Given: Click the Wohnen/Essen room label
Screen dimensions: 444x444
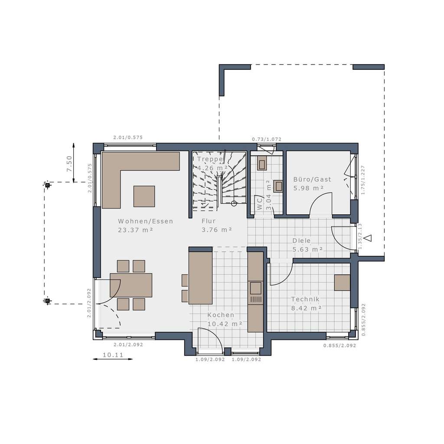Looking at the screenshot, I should click(145, 221).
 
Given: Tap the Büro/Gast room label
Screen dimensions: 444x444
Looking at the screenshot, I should click(312, 179).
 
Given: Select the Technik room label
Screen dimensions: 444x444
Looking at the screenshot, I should click(305, 299).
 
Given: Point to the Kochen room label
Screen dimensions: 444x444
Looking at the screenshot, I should click(221, 315).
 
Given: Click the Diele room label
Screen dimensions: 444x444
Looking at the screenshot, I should click(301, 240).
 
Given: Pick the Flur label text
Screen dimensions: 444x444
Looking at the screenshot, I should click(209, 221).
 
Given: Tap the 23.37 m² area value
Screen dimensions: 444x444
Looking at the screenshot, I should click(135, 230).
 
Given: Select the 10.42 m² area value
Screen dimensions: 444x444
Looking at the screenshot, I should click(224, 324).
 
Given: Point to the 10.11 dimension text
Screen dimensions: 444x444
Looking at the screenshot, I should click(113, 355).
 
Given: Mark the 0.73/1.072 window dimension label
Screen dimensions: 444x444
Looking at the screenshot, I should click(267, 139).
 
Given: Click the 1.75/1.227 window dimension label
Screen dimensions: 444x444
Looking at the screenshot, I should click(363, 180).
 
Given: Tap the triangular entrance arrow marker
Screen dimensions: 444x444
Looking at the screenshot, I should click(368, 238).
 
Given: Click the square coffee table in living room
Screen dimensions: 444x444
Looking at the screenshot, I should click(144, 196).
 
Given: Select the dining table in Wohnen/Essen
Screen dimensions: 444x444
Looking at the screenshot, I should click(131, 285).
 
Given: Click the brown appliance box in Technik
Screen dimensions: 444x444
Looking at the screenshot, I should click(342, 282).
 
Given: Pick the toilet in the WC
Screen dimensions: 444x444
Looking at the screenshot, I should click(278, 186).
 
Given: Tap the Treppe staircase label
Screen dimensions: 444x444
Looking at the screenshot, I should click(210, 159).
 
